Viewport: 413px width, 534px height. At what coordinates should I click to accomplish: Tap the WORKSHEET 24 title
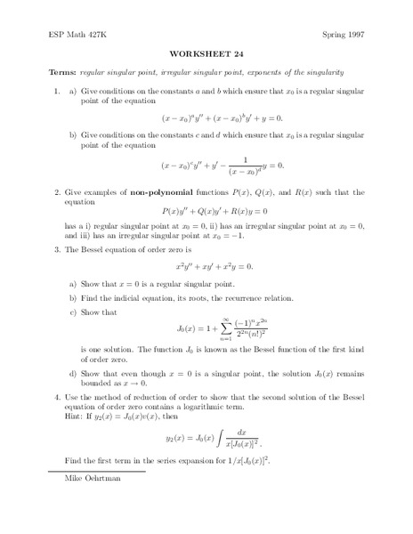tap(205, 52)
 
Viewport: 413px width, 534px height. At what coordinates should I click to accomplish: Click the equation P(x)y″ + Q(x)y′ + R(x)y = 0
tap(208, 212)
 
